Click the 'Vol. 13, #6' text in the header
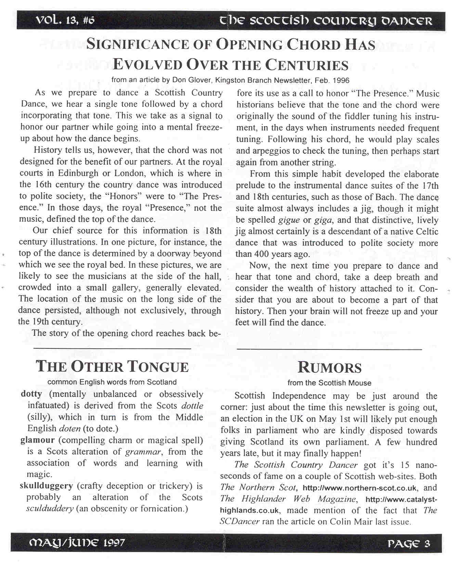[x=65, y=21]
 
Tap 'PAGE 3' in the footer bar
[x=408, y=544]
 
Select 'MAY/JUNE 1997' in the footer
[x=77, y=542]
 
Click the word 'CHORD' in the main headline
[x=313, y=45]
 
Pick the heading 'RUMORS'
[x=329, y=367]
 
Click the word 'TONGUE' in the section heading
[x=158, y=367]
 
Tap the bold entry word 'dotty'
[x=31, y=394]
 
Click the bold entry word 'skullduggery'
[x=46, y=486]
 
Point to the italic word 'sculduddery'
[x=50, y=509]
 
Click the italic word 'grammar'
[x=143, y=452]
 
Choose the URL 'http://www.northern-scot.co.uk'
[x=360, y=488]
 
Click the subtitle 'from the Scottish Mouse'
[x=329, y=383]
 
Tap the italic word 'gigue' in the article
[x=289, y=220]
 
